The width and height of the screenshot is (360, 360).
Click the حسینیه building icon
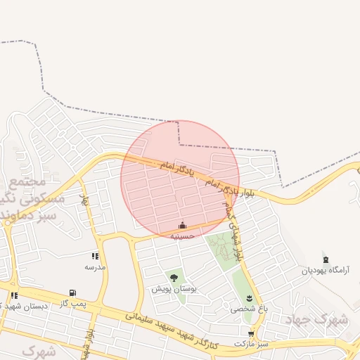(183, 226)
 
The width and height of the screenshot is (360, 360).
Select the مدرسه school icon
(95, 257)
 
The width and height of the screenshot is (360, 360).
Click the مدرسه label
(95, 267)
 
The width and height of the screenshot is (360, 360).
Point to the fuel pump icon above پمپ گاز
(72, 293)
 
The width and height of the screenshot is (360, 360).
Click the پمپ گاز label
(72, 303)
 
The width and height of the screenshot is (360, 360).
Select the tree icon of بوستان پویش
(174, 278)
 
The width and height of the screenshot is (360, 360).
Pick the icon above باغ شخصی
(249, 298)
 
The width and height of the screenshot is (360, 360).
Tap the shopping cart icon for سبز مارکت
(251, 334)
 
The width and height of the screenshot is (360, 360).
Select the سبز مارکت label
(253, 345)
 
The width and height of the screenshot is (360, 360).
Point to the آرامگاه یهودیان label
(326, 271)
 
